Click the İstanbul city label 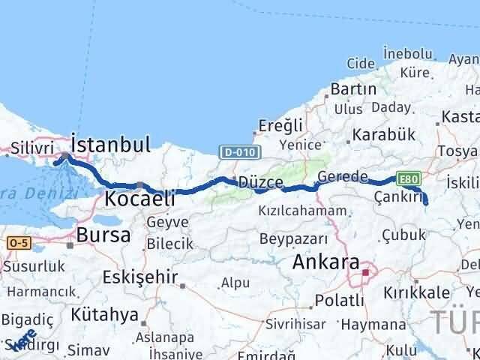pos(110,144)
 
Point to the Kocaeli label pos(139,199)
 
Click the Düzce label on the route pos(260,182)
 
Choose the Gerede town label pos(342,177)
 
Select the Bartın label pos(352,89)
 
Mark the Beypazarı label pos(293,239)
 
